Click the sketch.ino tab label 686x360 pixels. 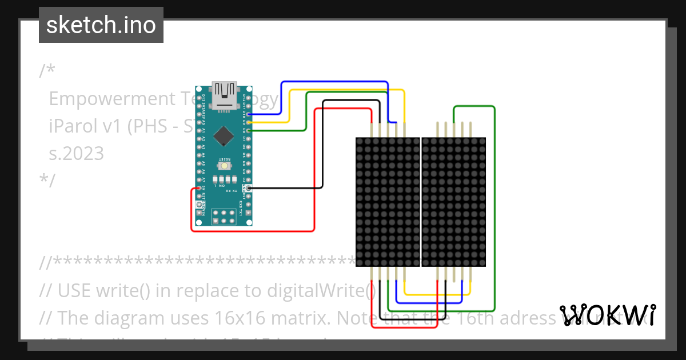[101, 25]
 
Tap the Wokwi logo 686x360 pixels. [608, 315]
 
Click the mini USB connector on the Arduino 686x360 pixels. [224, 95]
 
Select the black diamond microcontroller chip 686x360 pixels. [224, 135]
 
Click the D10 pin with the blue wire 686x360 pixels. [249, 114]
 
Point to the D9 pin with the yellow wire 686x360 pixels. [249, 122]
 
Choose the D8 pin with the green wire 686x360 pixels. [249, 130]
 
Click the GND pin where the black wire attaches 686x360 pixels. [249, 187]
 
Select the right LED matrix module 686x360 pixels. [453, 202]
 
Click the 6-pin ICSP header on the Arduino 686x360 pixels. [224, 217]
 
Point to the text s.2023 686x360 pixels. [77, 153]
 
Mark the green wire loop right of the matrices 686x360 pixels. [494, 206]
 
